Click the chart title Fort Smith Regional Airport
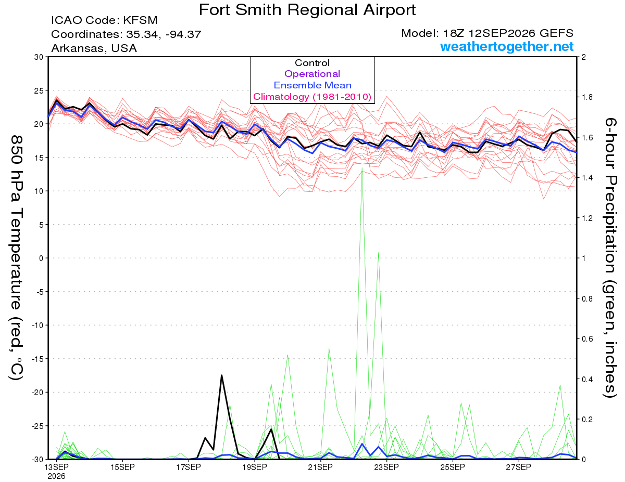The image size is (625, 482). click(x=307, y=10)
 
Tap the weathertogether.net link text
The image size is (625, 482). click(x=507, y=46)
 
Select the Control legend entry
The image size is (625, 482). click(x=312, y=63)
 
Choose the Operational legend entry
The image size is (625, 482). click(x=312, y=74)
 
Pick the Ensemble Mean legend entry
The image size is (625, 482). click(x=312, y=85)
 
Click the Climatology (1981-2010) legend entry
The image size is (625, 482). click(x=312, y=97)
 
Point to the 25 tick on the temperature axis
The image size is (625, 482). click(x=39, y=90)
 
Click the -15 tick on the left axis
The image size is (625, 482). click(x=37, y=359)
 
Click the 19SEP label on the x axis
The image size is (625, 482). click(x=255, y=467)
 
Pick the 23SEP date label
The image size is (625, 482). click(x=386, y=467)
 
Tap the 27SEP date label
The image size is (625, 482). click(x=518, y=467)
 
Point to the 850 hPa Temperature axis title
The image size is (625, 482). click(x=16, y=258)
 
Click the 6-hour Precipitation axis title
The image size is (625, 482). click(x=610, y=257)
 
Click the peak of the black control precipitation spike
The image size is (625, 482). click(x=221, y=375)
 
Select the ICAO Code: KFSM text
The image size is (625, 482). click(x=104, y=20)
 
